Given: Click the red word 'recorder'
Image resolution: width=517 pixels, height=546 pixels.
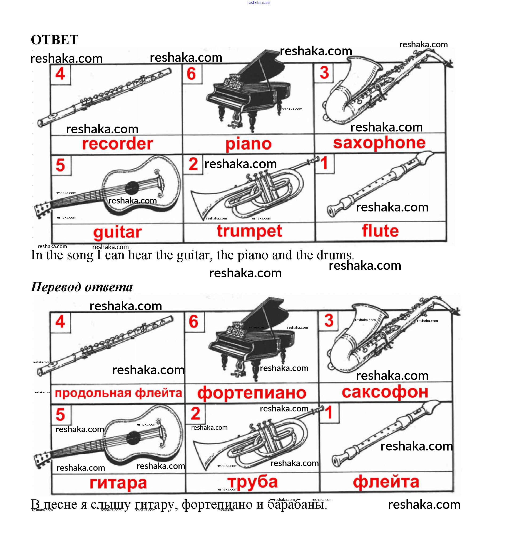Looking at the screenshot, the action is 117,144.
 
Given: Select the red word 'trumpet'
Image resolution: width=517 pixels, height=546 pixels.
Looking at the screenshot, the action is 249,231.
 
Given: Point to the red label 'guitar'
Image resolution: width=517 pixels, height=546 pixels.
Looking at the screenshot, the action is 117,232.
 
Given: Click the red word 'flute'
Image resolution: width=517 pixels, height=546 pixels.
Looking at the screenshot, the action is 380,231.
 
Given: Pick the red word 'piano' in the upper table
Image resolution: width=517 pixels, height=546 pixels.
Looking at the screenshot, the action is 248,144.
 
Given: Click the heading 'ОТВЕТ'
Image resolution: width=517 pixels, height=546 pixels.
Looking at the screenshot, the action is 55,40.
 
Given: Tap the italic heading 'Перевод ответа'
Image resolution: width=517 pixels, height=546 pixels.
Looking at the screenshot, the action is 81,287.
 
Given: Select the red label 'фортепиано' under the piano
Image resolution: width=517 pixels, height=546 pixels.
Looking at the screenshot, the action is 252,393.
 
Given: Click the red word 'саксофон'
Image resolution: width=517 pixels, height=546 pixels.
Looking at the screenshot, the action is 385,392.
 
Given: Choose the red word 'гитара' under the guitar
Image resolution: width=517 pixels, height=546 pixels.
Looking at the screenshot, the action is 118,483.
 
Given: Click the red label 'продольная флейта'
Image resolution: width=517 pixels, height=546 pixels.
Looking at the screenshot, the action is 118,393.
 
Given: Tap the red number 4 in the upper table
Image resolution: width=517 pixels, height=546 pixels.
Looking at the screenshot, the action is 60,74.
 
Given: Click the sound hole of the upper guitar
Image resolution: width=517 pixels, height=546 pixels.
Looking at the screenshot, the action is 132,188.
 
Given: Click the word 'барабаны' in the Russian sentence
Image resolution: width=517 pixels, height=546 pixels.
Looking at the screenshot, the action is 297,504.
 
